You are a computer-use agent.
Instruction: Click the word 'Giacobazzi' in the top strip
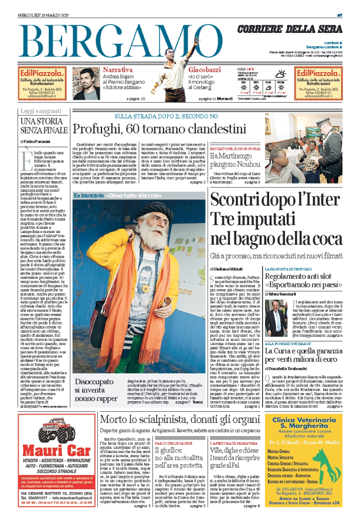pyautogui.click(x=189, y=70)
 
